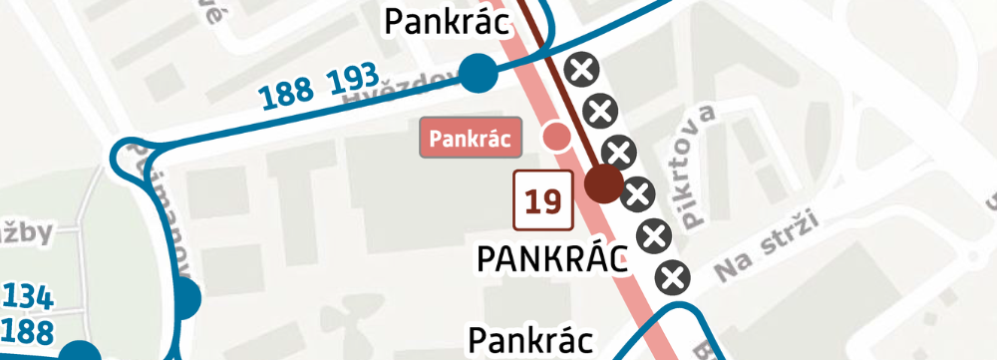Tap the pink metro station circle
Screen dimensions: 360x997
pyautogui.click(x=555, y=136)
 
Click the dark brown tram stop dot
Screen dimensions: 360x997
pyautogui.click(x=603, y=183)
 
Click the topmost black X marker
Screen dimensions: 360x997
pyautogui.click(x=580, y=70)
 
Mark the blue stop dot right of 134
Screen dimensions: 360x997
pyautogui.click(x=185, y=297)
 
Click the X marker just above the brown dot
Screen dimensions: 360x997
pyautogui.click(x=620, y=153)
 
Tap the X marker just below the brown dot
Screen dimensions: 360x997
pyautogui.click(x=636, y=196)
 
